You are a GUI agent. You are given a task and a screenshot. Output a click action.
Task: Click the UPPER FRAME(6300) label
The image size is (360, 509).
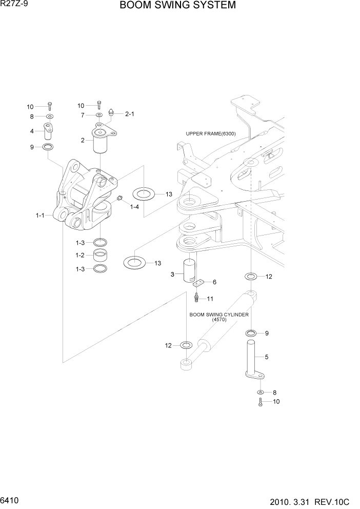(x=211, y=134)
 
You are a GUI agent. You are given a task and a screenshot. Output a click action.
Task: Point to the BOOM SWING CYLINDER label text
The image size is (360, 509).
(x=219, y=315)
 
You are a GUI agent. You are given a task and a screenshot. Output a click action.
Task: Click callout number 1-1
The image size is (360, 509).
(x=39, y=216)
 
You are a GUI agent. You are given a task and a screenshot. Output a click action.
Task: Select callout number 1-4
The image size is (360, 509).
(x=134, y=206)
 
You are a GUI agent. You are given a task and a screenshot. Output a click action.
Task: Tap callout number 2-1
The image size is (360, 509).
(x=129, y=114)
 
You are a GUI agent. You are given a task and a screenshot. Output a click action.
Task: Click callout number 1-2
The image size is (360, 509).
(x=79, y=255)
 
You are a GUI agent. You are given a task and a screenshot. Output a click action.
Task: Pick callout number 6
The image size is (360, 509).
(x=214, y=282)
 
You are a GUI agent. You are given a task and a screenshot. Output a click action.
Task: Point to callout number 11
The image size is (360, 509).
(x=210, y=299)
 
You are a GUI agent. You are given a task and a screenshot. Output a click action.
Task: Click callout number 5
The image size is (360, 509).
(x=266, y=356)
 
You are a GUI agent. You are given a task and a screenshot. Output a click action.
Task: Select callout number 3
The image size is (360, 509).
(x=173, y=275)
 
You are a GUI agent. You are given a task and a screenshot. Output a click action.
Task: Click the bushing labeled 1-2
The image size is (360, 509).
(x=101, y=255)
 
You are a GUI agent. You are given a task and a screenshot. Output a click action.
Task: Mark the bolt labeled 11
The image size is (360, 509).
(x=196, y=298)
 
